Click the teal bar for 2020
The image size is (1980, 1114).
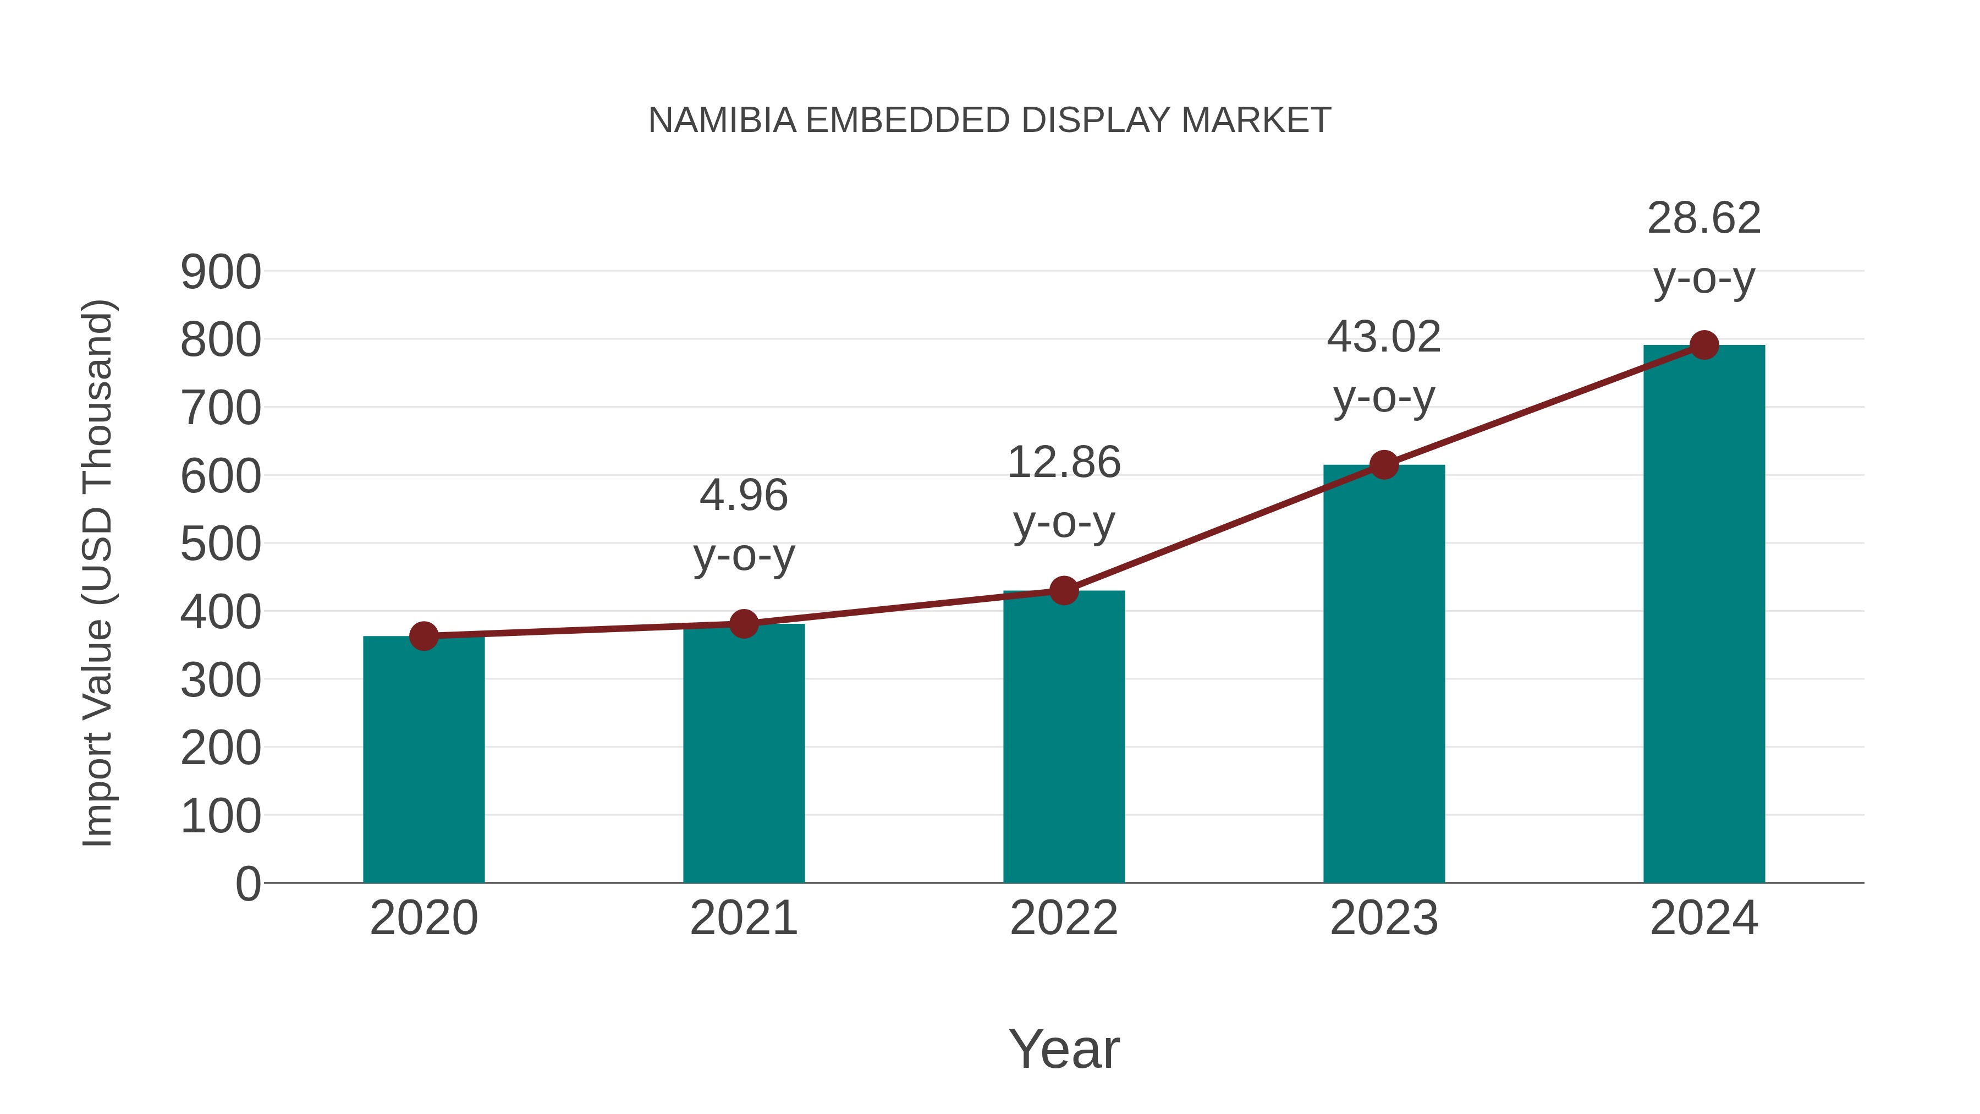(x=424, y=761)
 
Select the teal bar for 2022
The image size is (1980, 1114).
(x=1064, y=738)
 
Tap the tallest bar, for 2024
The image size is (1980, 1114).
(x=1704, y=615)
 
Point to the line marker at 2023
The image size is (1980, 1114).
(x=1384, y=465)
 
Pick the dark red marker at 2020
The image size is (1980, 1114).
(x=424, y=636)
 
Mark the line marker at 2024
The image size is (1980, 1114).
(x=1704, y=345)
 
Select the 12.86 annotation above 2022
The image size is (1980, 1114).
(x=1064, y=463)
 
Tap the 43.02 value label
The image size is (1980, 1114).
(x=1384, y=338)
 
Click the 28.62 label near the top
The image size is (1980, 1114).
(x=1704, y=218)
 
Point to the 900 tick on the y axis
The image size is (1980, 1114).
(x=221, y=272)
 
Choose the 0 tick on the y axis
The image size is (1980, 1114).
(x=248, y=883)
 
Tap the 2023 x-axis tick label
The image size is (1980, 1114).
(x=1384, y=918)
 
